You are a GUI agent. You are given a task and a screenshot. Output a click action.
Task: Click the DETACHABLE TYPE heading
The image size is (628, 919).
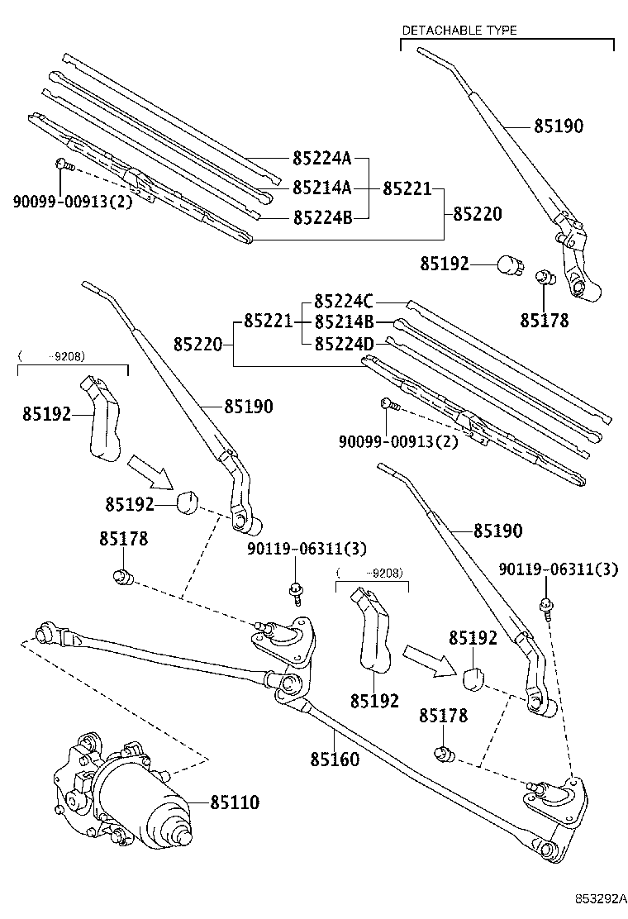459,31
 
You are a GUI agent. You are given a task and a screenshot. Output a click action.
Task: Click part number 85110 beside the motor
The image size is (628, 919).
235,802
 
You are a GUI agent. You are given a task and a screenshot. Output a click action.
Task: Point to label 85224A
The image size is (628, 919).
322,159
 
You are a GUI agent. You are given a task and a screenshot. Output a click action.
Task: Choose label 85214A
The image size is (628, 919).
322,188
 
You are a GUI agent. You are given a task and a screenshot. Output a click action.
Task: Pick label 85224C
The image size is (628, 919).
345,302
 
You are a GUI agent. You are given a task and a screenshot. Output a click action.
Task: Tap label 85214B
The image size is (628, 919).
345,321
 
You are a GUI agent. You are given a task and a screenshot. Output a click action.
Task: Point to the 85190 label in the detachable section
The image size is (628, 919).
558,126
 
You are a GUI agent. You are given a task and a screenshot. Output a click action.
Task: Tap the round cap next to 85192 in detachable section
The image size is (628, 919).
507,265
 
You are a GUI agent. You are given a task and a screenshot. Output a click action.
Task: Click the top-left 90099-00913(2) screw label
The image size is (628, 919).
73,201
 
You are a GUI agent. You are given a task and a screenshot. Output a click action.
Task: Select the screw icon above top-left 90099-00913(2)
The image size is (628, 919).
64,166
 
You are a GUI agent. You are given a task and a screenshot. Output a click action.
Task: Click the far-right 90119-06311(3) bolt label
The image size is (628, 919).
559,569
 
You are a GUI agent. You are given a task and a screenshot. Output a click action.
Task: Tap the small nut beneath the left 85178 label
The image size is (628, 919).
123,576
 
